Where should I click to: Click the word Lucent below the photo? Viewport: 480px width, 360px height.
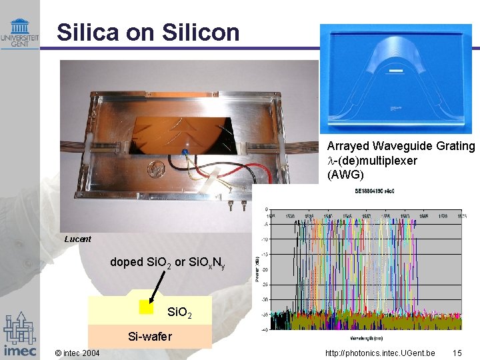click(78, 239)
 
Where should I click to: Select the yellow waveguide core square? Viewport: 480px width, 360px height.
click(147, 307)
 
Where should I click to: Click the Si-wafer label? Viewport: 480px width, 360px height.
click(149, 337)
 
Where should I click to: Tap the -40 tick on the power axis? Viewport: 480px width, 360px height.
click(265, 329)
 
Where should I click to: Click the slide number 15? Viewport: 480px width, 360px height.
click(457, 353)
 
